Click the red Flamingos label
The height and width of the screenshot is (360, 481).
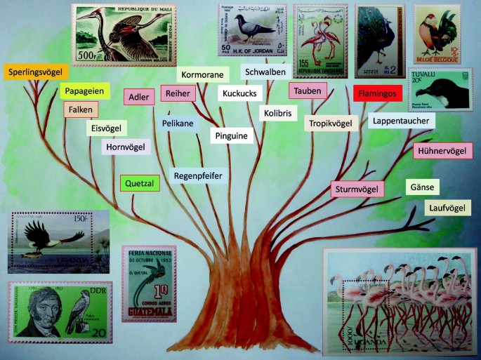pyautogui.click(x=378, y=93)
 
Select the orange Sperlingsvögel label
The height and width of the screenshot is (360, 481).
pyautogui.click(x=34, y=72)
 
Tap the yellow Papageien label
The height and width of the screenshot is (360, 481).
pyautogui.click(x=83, y=91)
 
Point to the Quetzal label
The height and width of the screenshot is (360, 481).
pyautogui.click(x=140, y=183)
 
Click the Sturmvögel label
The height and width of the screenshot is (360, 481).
pyautogui.click(x=357, y=189)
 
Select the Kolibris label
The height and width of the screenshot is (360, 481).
pyautogui.click(x=280, y=113)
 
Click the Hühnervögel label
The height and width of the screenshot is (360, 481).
pyautogui.click(x=444, y=151)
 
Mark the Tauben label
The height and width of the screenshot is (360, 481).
pyautogui.click(x=308, y=91)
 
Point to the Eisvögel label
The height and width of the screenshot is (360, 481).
pyautogui.click(x=107, y=128)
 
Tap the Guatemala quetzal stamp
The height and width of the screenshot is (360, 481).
pyautogui.click(x=149, y=284)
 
